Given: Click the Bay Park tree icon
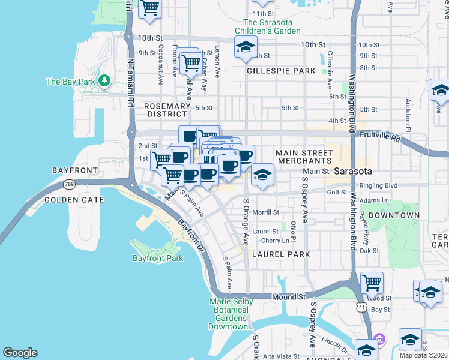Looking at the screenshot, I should click(x=104, y=80).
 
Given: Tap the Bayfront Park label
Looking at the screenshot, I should click(x=158, y=259).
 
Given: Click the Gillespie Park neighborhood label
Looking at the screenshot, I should click(x=281, y=71).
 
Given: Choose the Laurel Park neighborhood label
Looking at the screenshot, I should click(x=281, y=254).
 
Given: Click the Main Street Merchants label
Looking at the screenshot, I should click(x=304, y=157).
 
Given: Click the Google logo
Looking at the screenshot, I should click(x=20, y=353).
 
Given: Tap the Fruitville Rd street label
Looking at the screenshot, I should click(x=388, y=137).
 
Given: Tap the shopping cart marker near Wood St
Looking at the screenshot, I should click(x=372, y=281).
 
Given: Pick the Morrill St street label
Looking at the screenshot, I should click(x=266, y=212).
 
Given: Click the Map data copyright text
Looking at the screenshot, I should click(x=423, y=355).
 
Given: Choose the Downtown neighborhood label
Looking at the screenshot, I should click(x=394, y=215).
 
